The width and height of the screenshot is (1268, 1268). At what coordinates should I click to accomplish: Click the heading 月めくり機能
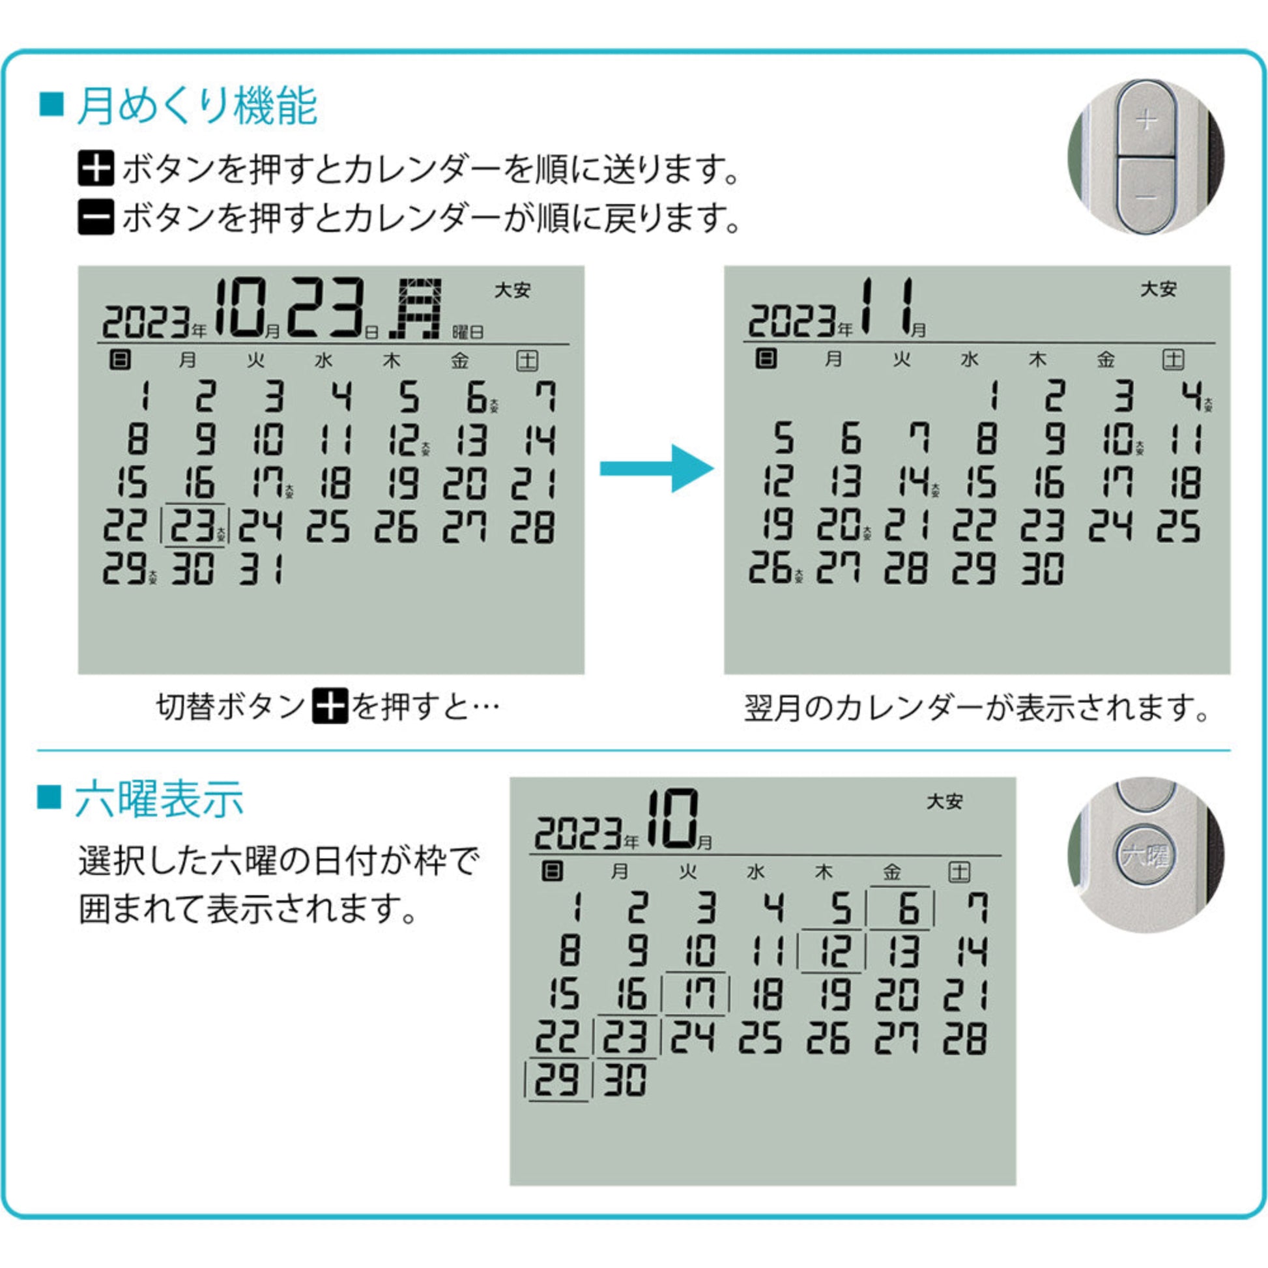(x=197, y=106)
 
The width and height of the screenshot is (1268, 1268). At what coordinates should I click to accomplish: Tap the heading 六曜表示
(x=159, y=799)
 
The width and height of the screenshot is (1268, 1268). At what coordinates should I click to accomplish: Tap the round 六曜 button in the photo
(x=1146, y=855)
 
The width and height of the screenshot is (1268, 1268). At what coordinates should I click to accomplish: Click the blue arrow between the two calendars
(x=657, y=468)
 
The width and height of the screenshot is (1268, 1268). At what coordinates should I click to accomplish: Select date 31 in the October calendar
(x=261, y=569)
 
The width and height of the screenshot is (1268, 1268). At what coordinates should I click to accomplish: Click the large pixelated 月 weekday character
(x=415, y=308)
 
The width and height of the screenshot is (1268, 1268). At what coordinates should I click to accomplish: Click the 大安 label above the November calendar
(x=1158, y=289)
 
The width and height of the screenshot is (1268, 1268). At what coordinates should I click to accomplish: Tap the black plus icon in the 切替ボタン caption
(x=330, y=707)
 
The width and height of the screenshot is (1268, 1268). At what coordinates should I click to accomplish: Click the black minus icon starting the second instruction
(x=96, y=217)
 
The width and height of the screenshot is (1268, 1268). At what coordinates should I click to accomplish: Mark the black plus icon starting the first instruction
(x=96, y=169)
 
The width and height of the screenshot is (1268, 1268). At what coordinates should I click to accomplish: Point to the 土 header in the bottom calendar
(x=959, y=872)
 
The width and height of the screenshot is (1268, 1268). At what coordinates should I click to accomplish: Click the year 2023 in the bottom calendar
(x=577, y=834)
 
